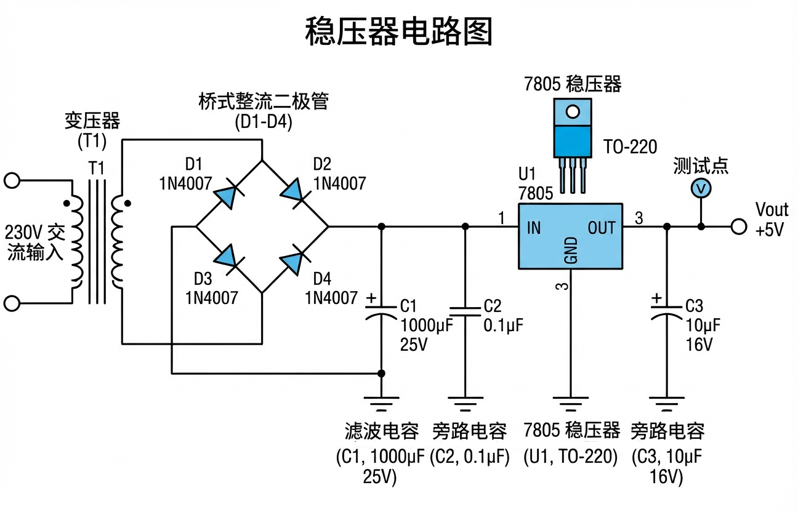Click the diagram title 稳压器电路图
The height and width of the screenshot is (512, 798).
click(x=399, y=32)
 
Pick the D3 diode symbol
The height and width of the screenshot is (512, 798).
click(x=225, y=257)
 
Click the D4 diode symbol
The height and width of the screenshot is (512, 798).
click(x=292, y=257)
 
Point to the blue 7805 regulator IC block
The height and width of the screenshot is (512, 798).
click(x=570, y=236)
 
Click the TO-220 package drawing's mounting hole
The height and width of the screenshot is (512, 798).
click(x=573, y=112)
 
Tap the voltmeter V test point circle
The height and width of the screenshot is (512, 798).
click(x=701, y=188)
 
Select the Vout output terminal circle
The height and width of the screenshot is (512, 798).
click(x=739, y=227)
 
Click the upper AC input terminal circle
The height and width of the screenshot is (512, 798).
click(x=12, y=181)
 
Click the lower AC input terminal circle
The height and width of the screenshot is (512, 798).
click(x=12, y=303)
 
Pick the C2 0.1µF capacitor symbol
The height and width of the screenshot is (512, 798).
click(x=465, y=311)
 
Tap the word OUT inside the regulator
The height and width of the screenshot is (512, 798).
click(x=601, y=228)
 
